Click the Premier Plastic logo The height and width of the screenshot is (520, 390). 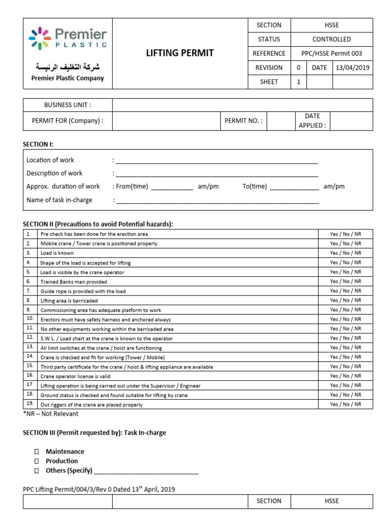click(68, 39)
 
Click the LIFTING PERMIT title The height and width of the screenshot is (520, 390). click(180, 53)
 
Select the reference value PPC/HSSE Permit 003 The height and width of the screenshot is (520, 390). click(332, 53)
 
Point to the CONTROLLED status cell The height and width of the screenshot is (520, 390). click(332, 39)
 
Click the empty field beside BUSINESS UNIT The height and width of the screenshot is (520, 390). click(242, 105)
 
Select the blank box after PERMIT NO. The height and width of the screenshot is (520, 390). click(281, 121)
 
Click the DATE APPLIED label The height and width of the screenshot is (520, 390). click(312, 121)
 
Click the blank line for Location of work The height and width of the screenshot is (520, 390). click(217, 161)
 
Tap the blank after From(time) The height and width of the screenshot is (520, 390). click(172, 187)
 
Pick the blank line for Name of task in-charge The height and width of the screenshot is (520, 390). click(217, 201)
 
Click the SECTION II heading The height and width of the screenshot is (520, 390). click(98, 224)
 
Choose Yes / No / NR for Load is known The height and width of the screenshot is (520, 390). click(345, 253)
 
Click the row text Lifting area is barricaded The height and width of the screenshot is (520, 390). click(69, 301)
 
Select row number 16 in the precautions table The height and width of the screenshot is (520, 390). click(29, 376)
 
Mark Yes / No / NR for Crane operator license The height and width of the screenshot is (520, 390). click(345, 376)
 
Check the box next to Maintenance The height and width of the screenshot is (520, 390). click(37, 451)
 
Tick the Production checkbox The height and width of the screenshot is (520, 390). click(37, 461)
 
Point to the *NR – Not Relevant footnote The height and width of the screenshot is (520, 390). click(51, 414)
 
